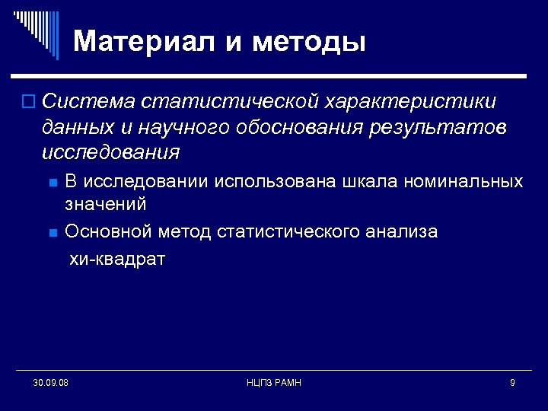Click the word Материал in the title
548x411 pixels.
pos(145,40)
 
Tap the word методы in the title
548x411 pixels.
pos(309,40)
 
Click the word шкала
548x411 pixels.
pos(377,182)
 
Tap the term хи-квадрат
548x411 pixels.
pos(117,259)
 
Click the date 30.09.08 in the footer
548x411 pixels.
pos(51,382)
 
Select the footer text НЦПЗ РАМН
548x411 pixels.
pos(274,382)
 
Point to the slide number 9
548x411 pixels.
pos(512,382)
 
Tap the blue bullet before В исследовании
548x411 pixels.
pos(51,183)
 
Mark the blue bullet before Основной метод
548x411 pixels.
pos(51,232)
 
